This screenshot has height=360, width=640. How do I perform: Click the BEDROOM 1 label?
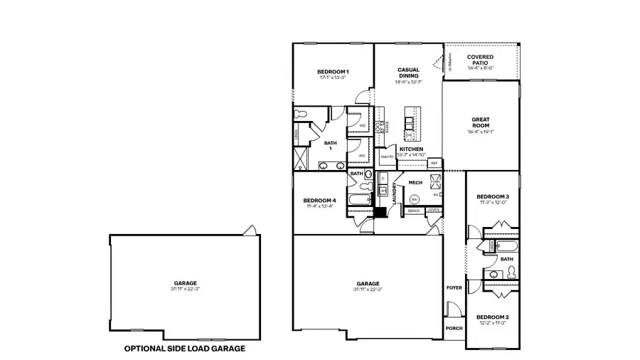coord(333,72)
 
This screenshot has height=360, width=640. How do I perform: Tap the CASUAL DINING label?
coord(408,73)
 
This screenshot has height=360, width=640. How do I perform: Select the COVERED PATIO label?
coord(481,60)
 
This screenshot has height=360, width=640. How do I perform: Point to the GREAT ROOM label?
coord(481,122)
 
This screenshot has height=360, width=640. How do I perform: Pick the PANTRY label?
coord(387,157)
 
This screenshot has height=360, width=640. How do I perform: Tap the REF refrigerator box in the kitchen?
coord(434,163)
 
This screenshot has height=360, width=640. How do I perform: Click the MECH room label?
coord(415,183)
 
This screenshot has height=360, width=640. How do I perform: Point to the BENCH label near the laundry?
coord(413,211)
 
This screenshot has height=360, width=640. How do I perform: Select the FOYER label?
coord(454,288)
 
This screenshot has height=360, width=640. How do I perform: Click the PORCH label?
coord(454,329)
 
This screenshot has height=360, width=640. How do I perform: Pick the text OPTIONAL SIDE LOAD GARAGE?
coord(185,349)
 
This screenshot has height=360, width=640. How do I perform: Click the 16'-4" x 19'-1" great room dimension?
coord(481,132)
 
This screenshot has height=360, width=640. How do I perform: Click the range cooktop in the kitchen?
coord(381,127)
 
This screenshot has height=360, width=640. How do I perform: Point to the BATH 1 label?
coord(331,145)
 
